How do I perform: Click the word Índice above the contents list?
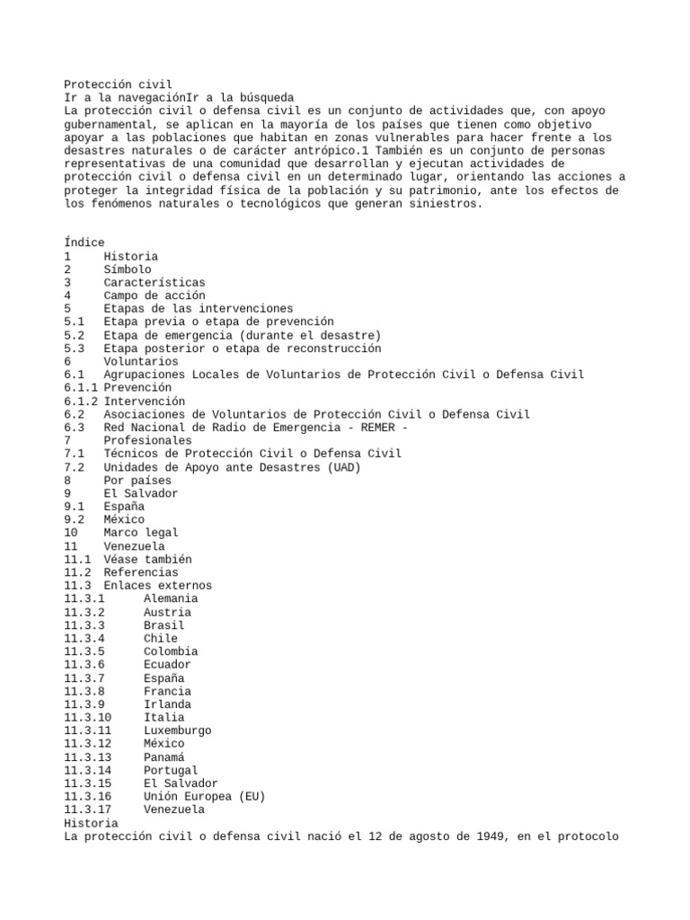[x=84, y=243]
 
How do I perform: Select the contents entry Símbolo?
[x=128, y=269]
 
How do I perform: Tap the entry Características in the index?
[x=155, y=282]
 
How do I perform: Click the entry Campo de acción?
[x=155, y=296]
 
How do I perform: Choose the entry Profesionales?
[x=147, y=441]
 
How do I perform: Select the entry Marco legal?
[x=141, y=533]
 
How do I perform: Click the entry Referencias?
[x=141, y=572]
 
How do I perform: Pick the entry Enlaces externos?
[x=157, y=586]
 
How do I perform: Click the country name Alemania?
[x=171, y=598]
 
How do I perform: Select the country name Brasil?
[x=164, y=625]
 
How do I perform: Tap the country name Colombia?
[x=171, y=651]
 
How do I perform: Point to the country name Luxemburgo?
[x=177, y=730]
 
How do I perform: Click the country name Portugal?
[x=171, y=770]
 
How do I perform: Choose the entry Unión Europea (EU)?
[x=204, y=796]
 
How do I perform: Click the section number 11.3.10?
[x=87, y=718]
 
